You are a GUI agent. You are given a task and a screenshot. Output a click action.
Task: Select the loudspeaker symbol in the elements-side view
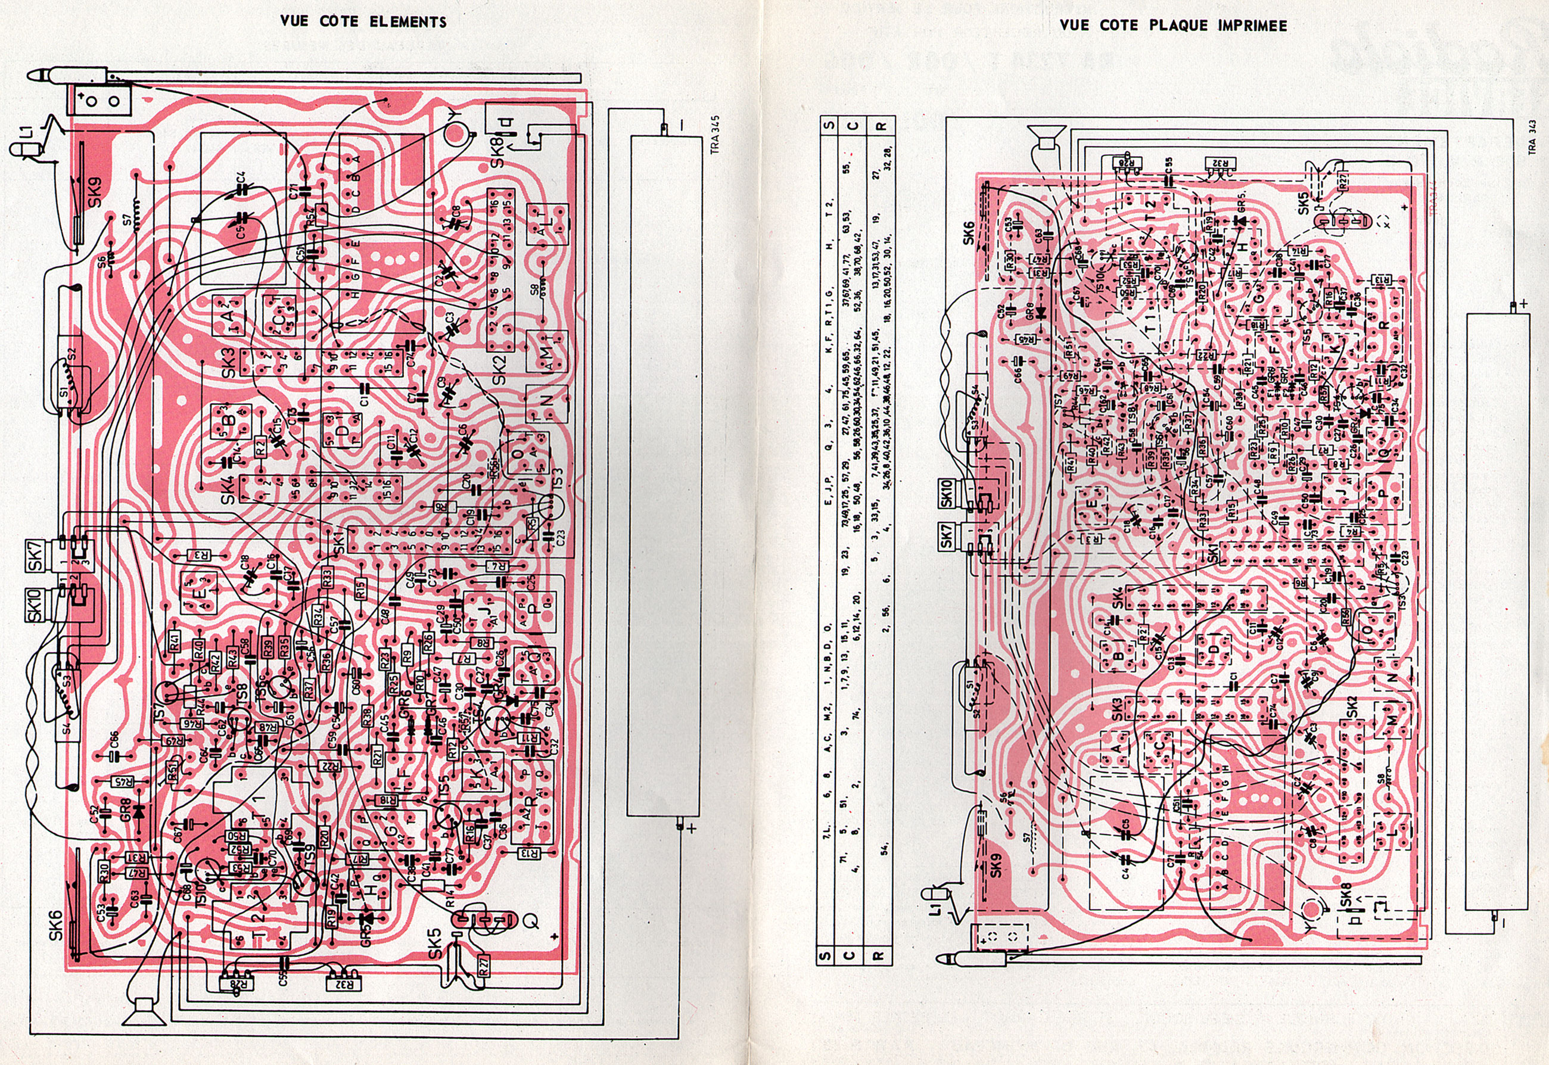(x=144, y=1011)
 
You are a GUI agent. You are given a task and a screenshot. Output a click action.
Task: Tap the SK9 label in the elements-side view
(x=95, y=192)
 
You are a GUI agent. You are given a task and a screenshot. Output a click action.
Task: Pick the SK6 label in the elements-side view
(x=56, y=926)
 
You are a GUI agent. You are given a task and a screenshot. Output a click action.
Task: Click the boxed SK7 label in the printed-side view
(x=946, y=537)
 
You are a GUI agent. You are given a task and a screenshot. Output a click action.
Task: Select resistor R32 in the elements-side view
(x=344, y=983)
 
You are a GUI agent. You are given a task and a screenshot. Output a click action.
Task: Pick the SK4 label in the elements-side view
(x=228, y=489)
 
